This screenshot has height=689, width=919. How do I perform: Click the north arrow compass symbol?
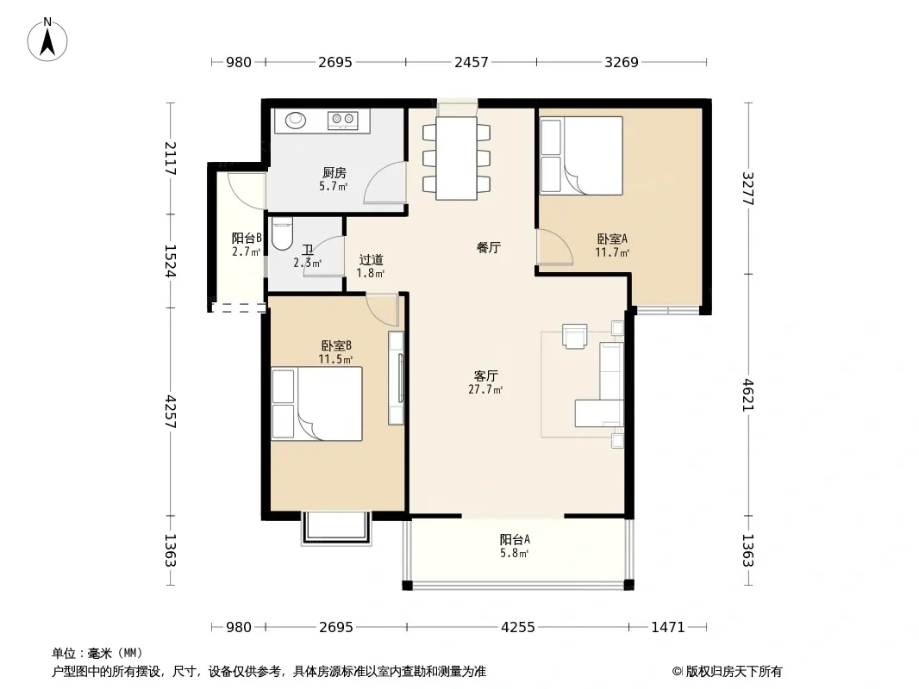click(47, 40)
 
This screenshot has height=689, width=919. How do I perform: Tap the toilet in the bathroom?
click(282, 233)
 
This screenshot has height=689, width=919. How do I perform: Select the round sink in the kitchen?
click(296, 120)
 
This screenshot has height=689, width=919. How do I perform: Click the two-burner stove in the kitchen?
click(343, 121)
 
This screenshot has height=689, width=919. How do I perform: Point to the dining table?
click(457, 158)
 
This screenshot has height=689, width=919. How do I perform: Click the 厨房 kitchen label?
click(334, 173)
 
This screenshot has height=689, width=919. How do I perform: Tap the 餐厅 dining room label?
click(488, 248)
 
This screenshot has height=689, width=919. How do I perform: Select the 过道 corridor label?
click(371, 259)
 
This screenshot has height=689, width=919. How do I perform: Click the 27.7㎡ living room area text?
click(485, 389)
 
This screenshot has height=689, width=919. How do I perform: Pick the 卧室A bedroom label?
click(612, 239)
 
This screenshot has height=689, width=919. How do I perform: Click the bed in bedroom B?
click(316, 404)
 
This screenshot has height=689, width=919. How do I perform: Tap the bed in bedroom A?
click(581, 156)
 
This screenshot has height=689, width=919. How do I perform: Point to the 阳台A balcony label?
click(515, 539)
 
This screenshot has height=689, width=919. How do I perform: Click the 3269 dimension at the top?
click(622, 62)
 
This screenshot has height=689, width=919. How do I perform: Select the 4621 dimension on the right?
click(747, 394)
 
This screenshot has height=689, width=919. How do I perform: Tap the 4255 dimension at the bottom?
click(517, 628)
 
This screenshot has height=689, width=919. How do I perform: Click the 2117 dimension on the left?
click(170, 158)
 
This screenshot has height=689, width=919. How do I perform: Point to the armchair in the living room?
click(574, 336)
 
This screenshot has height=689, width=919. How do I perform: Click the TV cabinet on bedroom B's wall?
click(397, 378)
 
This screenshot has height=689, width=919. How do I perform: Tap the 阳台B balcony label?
click(247, 238)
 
